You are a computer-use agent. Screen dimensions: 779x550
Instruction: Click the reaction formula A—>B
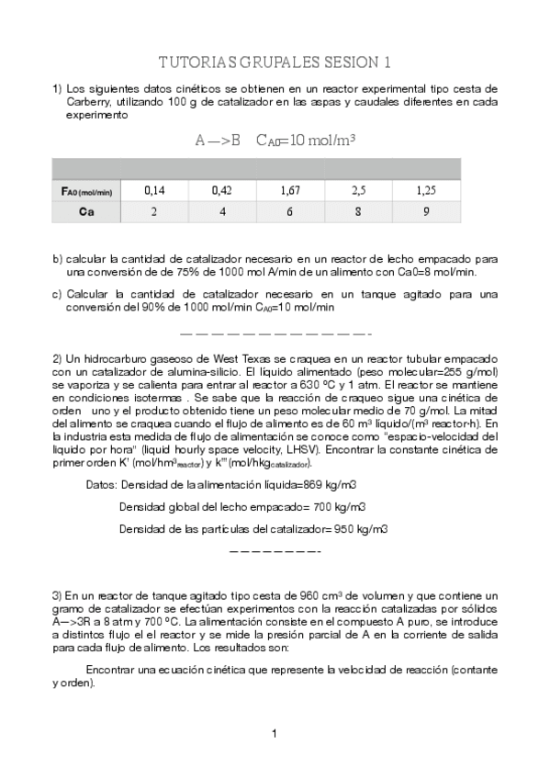point(218,142)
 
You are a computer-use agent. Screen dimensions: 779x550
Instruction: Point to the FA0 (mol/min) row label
point(83,191)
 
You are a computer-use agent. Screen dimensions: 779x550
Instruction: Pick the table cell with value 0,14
point(154,191)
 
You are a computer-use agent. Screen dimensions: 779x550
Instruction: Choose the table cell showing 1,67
point(291,191)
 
